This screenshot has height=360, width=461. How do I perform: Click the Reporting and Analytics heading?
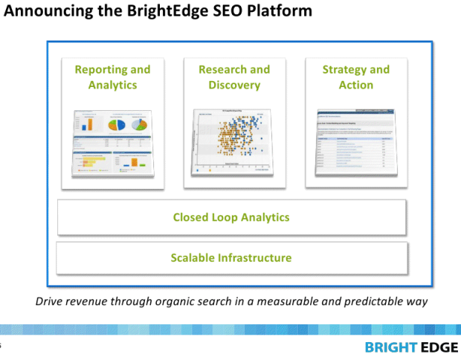pos(112,77)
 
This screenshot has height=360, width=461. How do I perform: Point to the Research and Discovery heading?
pos(234,77)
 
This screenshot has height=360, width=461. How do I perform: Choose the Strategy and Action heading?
pos(355,77)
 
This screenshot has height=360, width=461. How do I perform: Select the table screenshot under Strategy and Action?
pos(355,142)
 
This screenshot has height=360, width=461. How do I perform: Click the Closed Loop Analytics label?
pos(231,217)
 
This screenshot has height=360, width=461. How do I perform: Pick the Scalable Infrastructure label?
pos(231,258)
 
